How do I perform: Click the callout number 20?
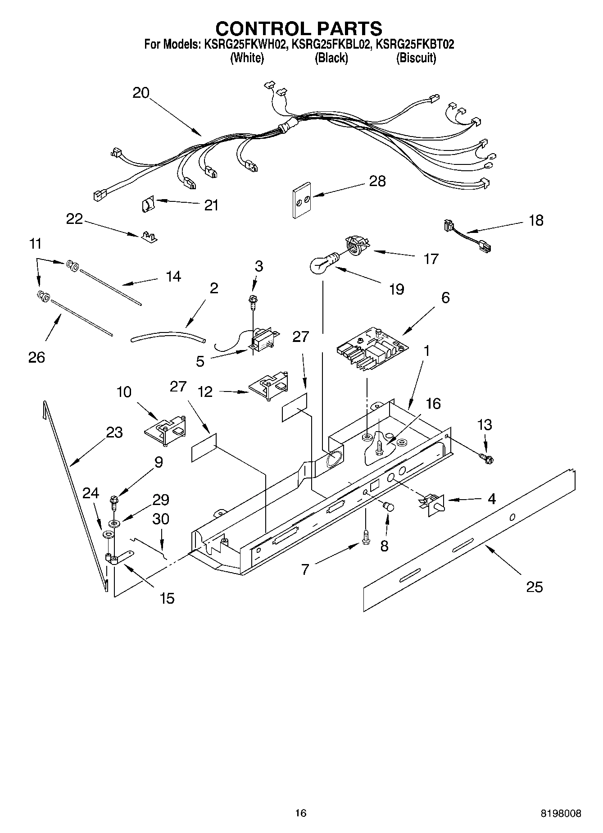(x=141, y=92)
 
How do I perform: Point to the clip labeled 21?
(x=147, y=205)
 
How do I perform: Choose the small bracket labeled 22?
(x=148, y=237)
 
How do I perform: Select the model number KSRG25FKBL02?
(x=331, y=44)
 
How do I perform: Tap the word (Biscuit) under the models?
(x=416, y=58)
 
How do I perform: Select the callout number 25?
(x=534, y=587)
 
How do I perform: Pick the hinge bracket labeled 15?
(x=119, y=558)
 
